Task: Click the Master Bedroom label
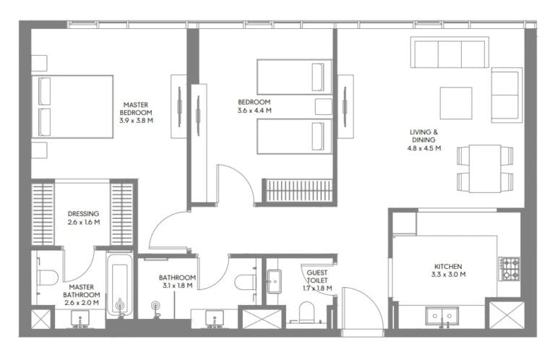[x=136, y=108]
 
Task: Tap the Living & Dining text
[x=424, y=136]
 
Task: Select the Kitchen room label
[x=448, y=266]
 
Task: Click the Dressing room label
[x=83, y=214]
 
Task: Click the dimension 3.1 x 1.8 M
[x=177, y=286]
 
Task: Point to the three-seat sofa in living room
[x=448, y=53]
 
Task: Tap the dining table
[x=484, y=168]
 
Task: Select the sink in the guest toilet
[x=274, y=281]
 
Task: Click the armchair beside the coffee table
[x=506, y=95]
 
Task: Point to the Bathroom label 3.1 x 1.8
[x=177, y=278]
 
